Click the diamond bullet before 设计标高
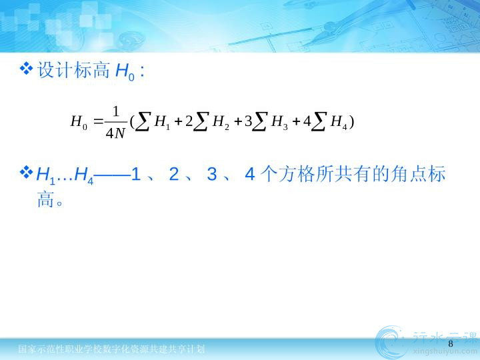pyautogui.click(x=26, y=69)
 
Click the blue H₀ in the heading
pyautogui.click(x=125, y=72)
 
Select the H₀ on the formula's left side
pyautogui.click(x=79, y=122)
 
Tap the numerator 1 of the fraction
pyautogui.click(x=116, y=112)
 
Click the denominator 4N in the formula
pyautogui.click(x=115, y=133)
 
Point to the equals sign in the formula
pyautogui.click(x=98, y=121)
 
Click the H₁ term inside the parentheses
pyautogui.click(x=162, y=122)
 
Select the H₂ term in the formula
pyautogui.click(x=221, y=122)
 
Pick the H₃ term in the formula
pyautogui.click(x=279, y=122)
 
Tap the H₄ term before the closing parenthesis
pyautogui.click(x=339, y=122)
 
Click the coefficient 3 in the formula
pyautogui.click(x=248, y=121)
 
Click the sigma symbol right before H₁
pyautogui.click(x=143, y=122)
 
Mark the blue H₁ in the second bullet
pyautogui.click(x=45, y=176)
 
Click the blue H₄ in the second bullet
pyautogui.click(x=84, y=176)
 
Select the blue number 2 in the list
pyautogui.click(x=174, y=174)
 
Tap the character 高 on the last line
pyautogui.click(x=45, y=199)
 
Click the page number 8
pyautogui.click(x=450, y=343)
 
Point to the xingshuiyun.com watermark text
pyautogui.click(x=445, y=351)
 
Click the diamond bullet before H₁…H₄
pyautogui.click(x=26, y=172)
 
